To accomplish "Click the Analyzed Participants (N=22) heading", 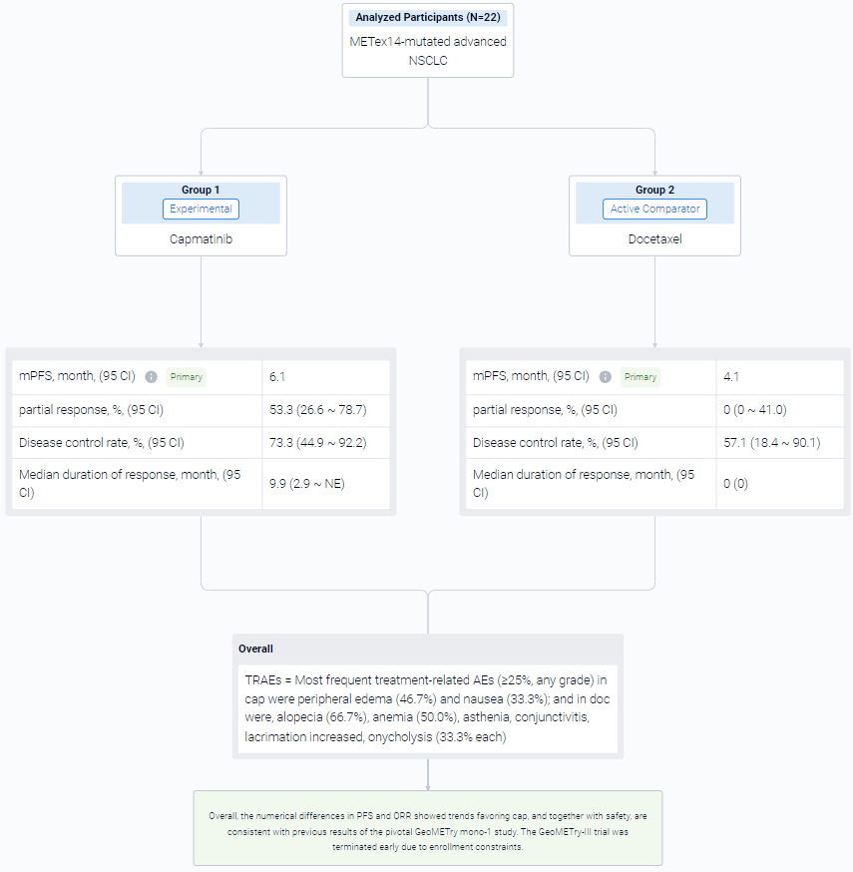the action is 428,17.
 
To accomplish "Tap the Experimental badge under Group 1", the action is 201,210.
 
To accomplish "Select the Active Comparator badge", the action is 654,210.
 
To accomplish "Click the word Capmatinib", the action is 201,239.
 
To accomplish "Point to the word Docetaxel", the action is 654,239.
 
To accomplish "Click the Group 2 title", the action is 654,190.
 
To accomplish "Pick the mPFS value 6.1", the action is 277,377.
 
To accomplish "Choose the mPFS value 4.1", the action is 730,377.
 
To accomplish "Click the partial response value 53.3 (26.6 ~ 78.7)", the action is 317,410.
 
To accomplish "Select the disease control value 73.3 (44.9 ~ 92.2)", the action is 317,443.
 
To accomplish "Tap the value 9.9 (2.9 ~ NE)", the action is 307,484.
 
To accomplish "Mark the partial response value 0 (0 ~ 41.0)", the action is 754,410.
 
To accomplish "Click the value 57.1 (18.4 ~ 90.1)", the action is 772,443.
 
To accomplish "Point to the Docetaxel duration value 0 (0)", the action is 735,484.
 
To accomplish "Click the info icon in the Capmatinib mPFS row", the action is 151,377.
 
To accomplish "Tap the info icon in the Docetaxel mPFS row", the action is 605,377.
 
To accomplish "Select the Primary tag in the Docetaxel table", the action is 640,377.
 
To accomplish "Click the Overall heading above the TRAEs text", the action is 255,649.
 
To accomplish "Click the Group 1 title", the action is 201,190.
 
